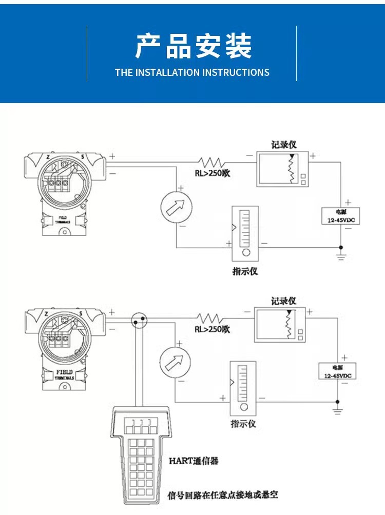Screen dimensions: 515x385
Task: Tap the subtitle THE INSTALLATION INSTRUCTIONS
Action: [192, 72]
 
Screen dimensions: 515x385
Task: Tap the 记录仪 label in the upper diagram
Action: [284, 144]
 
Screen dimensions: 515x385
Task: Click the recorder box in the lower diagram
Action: [280, 325]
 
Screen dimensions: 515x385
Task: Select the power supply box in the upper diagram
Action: [340, 215]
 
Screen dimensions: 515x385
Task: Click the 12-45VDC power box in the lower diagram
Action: [337, 371]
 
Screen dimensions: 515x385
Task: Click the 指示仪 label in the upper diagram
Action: [245, 271]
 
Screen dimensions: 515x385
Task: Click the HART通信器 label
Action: [194, 461]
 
